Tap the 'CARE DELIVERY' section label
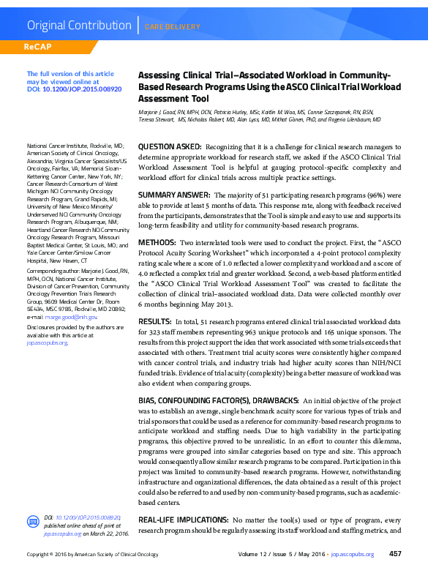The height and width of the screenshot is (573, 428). (x=172, y=27)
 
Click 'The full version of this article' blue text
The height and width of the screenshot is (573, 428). (x=70, y=74)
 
